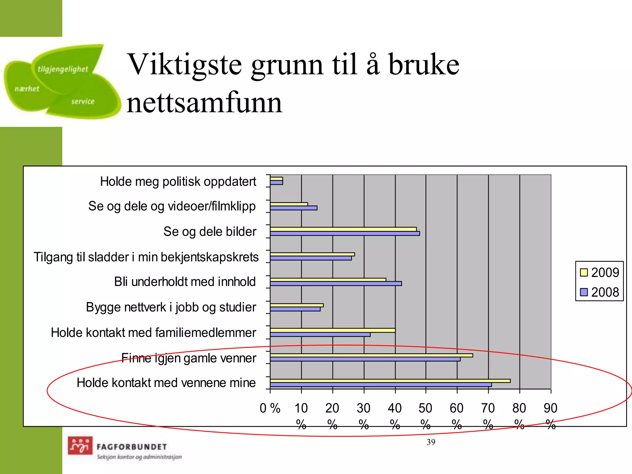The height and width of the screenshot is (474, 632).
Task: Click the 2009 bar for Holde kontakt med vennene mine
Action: pyautogui.click(x=390, y=381)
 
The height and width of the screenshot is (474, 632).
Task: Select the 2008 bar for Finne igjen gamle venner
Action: pyautogui.click(x=365, y=359)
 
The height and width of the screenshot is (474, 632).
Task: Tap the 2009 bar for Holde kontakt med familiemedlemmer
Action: pyautogui.click(x=332, y=331)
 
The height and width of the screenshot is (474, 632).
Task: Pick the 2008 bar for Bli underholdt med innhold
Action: pyautogui.click(x=336, y=284)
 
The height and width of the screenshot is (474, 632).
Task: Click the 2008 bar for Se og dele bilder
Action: pyautogui.click(x=345, y=234)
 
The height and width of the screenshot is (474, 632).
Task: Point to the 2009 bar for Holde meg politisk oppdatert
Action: pyautogui.click(x=276, y=179)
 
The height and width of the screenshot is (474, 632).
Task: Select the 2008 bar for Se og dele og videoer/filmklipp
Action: pyautogui.click(x=293, y=208)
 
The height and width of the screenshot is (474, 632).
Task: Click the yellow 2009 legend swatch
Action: pyautogui.click(x=584, y=272)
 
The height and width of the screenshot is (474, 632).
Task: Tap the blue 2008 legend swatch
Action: pyautogui.click(x=584, y=292)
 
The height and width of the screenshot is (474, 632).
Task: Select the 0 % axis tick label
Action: pyautogui.click(x=270, y=409)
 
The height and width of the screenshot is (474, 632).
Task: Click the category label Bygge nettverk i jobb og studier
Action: pyautogui.click(x=171, y=307)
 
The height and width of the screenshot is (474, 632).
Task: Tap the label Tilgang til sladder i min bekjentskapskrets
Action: pyautogui.click(x=146, y=257)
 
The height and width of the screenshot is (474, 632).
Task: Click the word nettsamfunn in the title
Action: pyautogui.click(x=204, y=102)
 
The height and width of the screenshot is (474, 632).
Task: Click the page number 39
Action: pyautogui.click(x=431, y=442)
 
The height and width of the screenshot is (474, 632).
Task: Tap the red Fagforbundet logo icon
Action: pyautogui.click(x=80, y=446)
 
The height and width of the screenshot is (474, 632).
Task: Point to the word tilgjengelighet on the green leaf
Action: pyautogui.click(x=63, y=69)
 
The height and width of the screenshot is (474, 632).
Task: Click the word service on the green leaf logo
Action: pyautogui.click(x=83, y=102)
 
